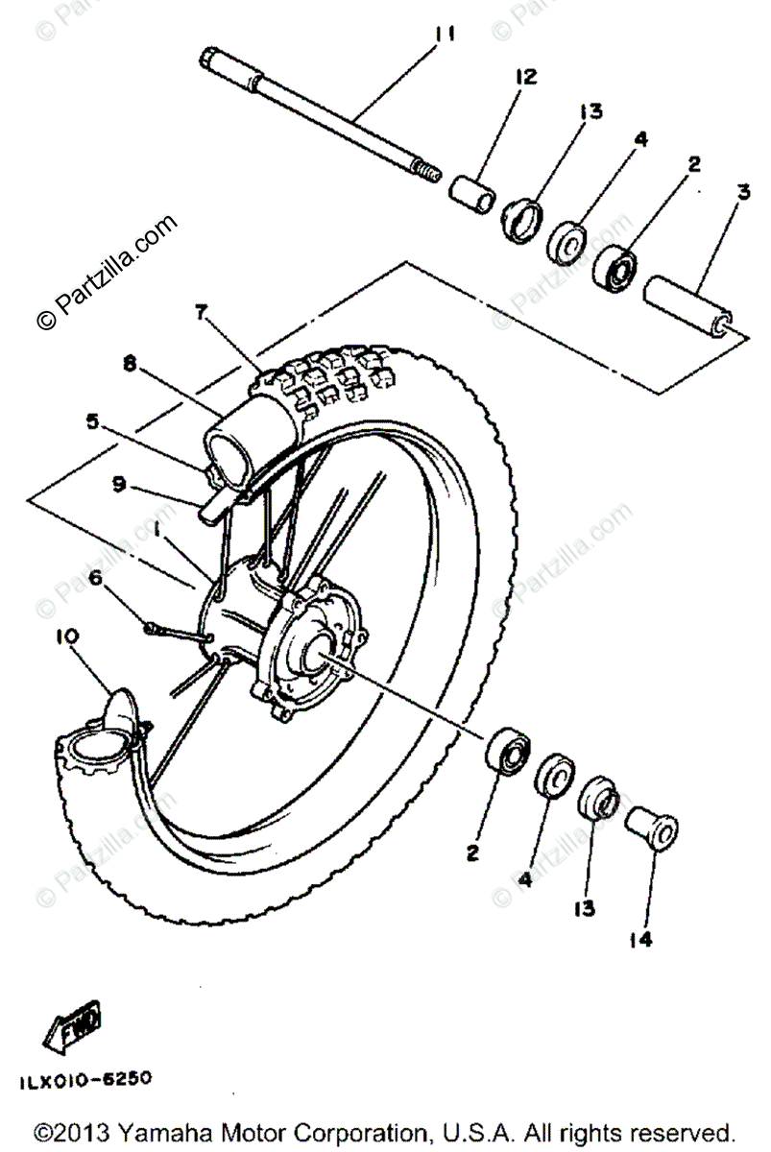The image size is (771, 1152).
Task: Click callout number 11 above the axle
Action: tap(443, 36)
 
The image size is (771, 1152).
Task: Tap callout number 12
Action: tap(526, 76)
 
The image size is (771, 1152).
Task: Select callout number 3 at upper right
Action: tap(742, 193)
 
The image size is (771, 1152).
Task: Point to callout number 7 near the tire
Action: tap(200, 312)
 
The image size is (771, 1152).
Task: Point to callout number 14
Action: tap(640, 940)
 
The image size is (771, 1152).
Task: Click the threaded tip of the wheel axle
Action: tap(427, 174)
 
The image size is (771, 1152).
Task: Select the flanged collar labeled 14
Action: tap(652, 828)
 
